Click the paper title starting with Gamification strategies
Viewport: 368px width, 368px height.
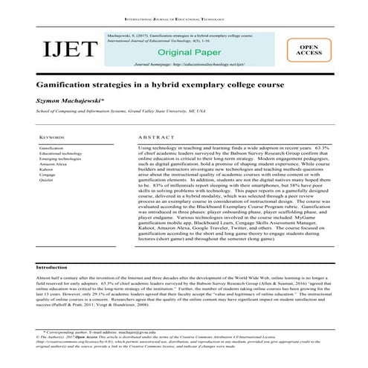(159, 85)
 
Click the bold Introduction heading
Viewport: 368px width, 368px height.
(57, 265)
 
